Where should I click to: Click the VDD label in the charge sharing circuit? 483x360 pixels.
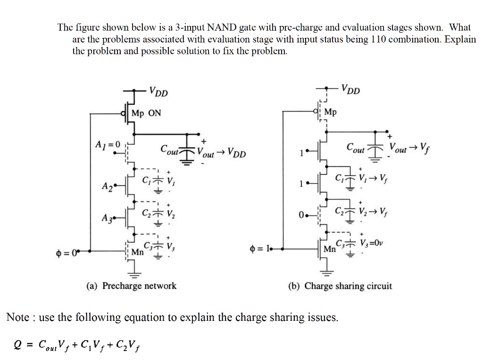click(x=350, y=89)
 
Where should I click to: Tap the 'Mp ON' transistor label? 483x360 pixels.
click(x=146, y=113)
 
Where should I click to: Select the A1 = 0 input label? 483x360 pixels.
click(x=108, y=143)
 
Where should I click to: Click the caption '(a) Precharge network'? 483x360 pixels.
click(x=131, y=285)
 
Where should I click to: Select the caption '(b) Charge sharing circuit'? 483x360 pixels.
click(x=340, y=286)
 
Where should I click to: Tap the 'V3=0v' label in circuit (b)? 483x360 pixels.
click(x=372, y=244)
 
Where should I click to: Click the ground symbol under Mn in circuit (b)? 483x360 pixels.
click(x=327, y=273)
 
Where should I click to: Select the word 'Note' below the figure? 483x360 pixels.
click(x=18, y=317)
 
